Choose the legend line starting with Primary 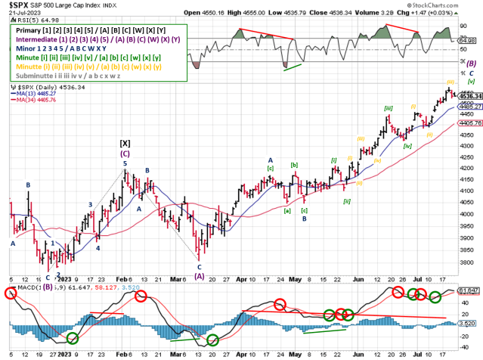(88, 28)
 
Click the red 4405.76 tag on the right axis (472, 122)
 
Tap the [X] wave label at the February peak (126, 142)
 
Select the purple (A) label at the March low (200, 276)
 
